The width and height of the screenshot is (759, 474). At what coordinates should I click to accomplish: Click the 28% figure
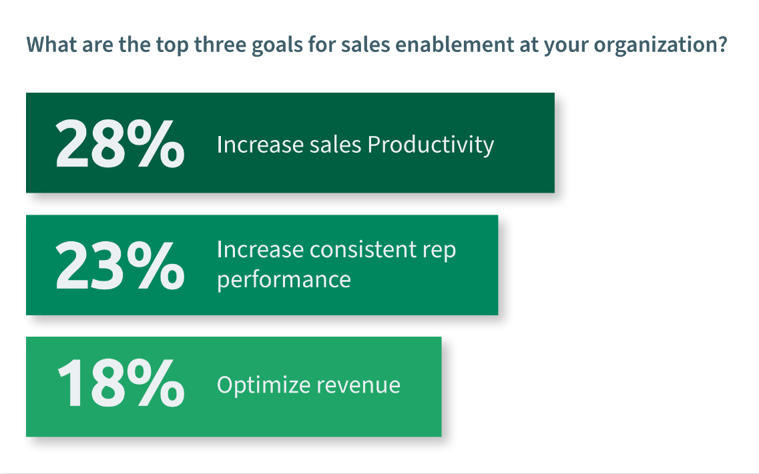(x=119, y=144)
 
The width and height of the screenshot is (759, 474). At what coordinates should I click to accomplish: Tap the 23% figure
(x=119, y=266)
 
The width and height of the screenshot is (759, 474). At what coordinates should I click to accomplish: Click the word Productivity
(x=431, y=145)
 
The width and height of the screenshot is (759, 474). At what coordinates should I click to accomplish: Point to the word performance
(x=284, y=279)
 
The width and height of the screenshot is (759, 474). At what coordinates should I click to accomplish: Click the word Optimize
(x=263, y=385)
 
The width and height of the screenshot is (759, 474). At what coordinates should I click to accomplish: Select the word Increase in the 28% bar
(x=257, y=145)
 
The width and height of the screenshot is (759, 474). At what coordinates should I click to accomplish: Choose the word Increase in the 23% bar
(x=257, y=250)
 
